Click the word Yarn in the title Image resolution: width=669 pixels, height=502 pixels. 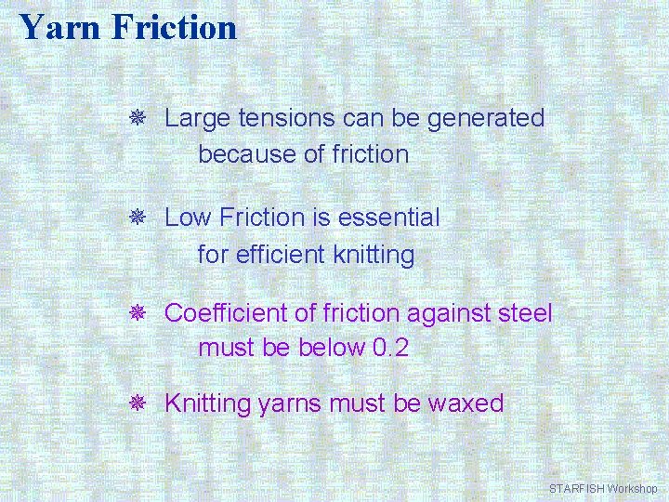[59, 27]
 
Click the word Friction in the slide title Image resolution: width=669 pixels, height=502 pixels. [174, 27]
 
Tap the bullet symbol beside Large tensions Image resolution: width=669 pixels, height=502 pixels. [136, 119]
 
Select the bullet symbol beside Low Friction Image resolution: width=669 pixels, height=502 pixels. [136, 218]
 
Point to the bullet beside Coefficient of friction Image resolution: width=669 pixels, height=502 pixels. [136, 313]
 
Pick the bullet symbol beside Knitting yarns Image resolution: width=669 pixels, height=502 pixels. [136, 403]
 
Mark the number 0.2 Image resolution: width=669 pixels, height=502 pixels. [389, 349]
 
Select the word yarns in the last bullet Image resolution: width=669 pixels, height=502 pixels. [289, 404]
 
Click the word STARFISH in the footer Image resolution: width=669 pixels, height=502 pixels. [576, 488]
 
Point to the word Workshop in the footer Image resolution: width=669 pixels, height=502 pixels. [632, 488]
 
